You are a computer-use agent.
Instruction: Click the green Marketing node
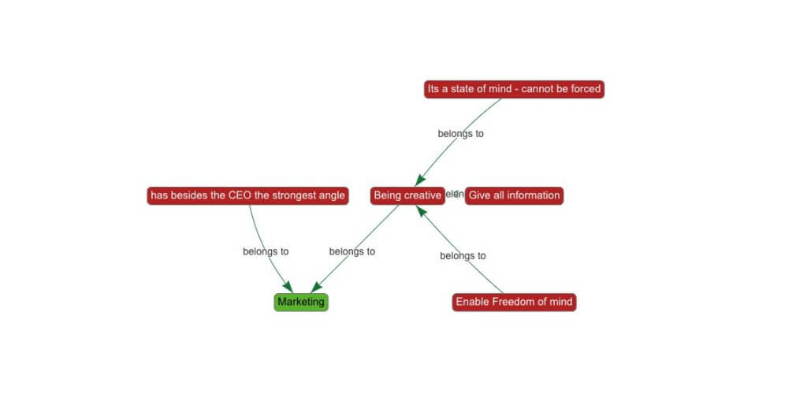click(301, 302)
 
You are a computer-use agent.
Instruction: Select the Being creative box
click(407, 195)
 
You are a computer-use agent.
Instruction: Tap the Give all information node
click(514, 195)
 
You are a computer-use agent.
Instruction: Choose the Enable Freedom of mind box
click(514, 302)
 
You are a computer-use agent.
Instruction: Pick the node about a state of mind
click(514, 89)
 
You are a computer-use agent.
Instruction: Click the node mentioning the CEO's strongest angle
click(247, 195)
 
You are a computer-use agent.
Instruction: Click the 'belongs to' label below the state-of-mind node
click(461, 134)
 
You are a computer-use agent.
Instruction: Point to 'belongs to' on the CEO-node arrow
click(266, 251)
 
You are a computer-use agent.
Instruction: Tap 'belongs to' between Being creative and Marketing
click(351, 251)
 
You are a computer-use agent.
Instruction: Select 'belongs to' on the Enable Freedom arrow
click(463, 255)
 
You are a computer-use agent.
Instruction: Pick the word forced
click(583, 89)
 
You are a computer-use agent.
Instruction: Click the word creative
click(422, 195)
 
